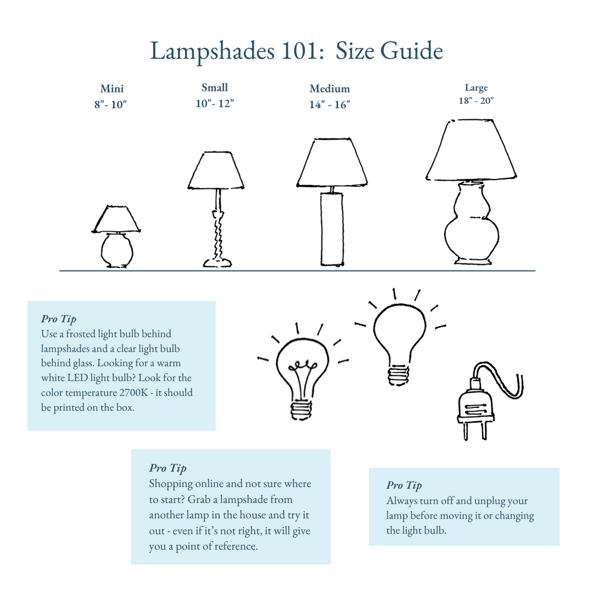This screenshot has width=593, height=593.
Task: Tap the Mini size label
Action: (x=111, y=89)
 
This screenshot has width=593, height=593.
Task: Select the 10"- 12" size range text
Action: (x=215, y=103)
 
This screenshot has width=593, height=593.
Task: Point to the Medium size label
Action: (x=330, y=89)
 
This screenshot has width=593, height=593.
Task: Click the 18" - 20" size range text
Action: (x=476, y=101)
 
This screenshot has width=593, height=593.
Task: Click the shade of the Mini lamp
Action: (x=117, y=219)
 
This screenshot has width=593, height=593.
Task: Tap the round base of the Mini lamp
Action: (x=117, y=250)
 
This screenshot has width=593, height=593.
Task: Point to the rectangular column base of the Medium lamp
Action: (x=331, y=229)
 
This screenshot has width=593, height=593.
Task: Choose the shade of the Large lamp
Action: (x=471, y=151)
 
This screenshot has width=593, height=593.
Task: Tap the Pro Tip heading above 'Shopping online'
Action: (x=167, y=468)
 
